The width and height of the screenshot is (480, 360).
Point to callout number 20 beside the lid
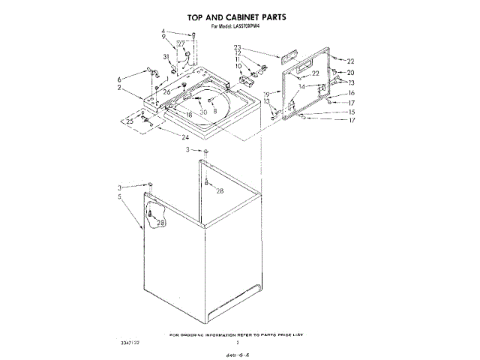350,72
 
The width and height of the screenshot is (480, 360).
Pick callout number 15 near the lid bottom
350,112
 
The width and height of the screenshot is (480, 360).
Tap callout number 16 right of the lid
350,92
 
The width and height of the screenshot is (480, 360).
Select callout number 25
129,120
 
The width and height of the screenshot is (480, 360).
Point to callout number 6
118,79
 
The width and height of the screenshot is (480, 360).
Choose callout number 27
180,44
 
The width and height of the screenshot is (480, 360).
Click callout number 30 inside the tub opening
202,112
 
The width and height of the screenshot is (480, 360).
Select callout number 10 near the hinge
238,66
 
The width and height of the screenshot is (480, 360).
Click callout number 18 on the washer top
189,115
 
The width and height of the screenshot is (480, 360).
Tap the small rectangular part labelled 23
289,55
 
